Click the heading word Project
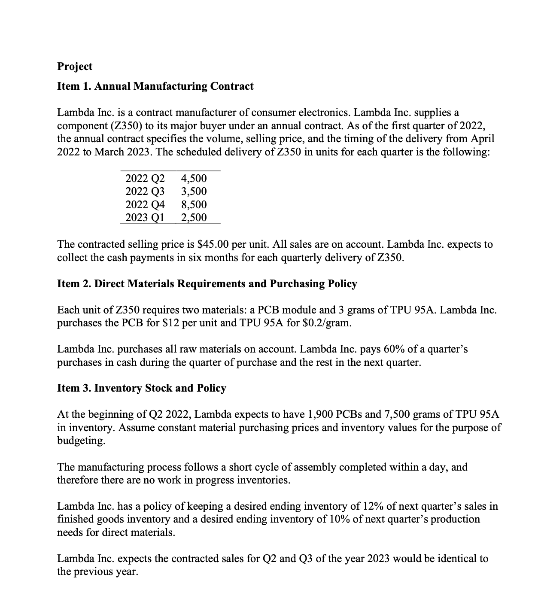[x=75, y=67]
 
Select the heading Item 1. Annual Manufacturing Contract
[x=155, y=86]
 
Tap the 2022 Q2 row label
[x=145, y=178]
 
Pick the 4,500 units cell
[x=194, y=178]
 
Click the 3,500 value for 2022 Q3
[x=194, y=192]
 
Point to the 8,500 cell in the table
[x=194, y=204]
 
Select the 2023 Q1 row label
[x=145, y=218]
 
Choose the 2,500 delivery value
[x=194, y=218]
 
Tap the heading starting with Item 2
[x=207, y=284]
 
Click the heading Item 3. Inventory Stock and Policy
[x=142, y=388]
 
